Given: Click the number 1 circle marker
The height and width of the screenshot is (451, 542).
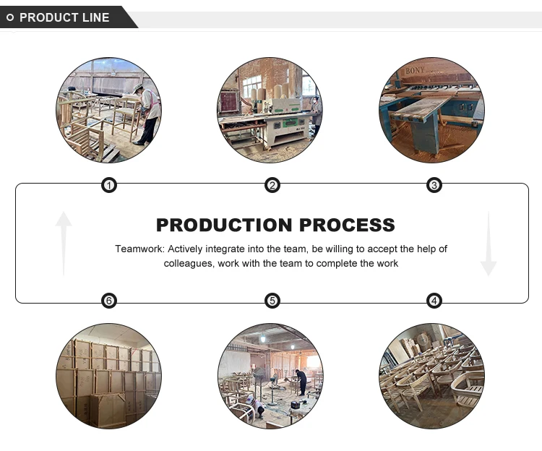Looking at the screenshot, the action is point(108,186).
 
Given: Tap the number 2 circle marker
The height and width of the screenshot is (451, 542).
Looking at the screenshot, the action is point(272,186).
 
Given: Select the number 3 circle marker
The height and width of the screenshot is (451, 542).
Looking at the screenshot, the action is point(434,186).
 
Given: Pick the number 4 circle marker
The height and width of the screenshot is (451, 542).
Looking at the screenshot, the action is point(434,301).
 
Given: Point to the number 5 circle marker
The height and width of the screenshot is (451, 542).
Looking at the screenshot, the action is point(272,301).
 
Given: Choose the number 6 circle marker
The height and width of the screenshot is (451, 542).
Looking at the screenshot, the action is point(108,301).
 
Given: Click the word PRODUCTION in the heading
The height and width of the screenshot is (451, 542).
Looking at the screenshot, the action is point(225,225).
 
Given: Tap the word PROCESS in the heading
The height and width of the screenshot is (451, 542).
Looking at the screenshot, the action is point(348,225).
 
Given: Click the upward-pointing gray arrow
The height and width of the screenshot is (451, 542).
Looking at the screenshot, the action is point(64,242).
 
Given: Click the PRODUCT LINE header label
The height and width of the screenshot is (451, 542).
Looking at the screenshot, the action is point(64,17).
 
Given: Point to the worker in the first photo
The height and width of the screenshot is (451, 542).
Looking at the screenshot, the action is point(147,112).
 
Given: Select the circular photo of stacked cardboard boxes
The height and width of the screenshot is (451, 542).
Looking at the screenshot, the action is point(108,375).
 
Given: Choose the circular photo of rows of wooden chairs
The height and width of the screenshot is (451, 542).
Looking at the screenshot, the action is point(432,375).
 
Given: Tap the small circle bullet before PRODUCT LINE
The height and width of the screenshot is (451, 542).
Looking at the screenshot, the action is point(10,17).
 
